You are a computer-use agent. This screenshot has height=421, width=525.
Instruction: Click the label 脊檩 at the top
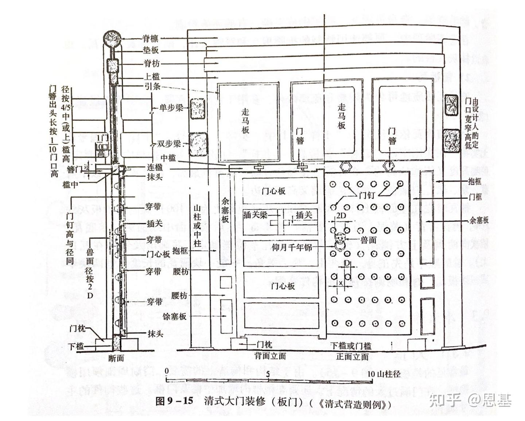tap(150, 38)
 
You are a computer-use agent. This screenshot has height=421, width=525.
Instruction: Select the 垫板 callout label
tap(151, 50)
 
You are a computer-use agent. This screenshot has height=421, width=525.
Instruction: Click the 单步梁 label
tap(171, 108)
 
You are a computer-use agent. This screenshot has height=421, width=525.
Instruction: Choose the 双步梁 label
tap(169, 144)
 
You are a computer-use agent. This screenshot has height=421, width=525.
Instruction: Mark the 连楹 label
tap(155, 167)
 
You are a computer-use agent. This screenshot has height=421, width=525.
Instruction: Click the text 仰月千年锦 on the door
tap(292, 247)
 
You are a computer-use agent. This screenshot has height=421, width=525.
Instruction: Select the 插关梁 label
tap(255, 215)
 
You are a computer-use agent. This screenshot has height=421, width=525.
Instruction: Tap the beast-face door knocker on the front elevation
tap(341, 239)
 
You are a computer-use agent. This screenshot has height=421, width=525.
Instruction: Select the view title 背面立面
tap(270, 356)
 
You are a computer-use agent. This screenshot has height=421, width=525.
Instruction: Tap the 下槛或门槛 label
tap(350, 345)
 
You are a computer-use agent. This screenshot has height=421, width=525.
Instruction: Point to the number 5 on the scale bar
tap(268, 374)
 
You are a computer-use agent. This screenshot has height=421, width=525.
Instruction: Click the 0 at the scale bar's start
tap(167, 371)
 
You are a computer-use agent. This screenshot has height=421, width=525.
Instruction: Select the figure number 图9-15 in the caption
tap(174, 401)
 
